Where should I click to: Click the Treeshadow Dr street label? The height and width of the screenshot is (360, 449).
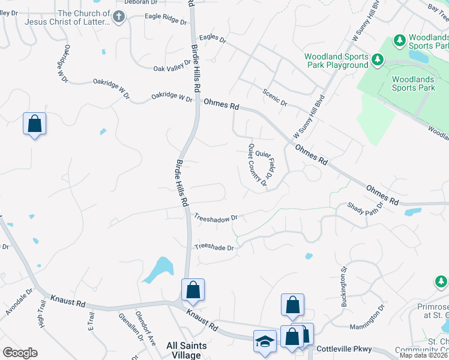pyautogui.click(x=216, y=219)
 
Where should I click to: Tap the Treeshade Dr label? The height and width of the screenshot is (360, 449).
pyautogui.click(x=214, y=247)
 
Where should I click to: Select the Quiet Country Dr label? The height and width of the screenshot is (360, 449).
pyautogui.click(x=257, y=165)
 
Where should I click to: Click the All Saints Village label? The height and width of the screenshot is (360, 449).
pyautogui.click(x=188, y=350)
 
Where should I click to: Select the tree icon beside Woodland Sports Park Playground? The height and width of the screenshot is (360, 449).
pyautogui.click(x=378, y=59)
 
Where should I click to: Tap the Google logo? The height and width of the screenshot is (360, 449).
pyautogui.click(x=20, y=352)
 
